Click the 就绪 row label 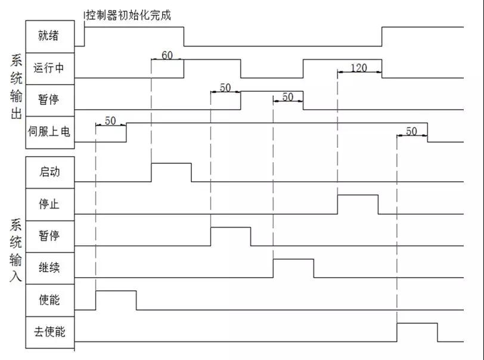point(48,36)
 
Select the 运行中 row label point(48,67)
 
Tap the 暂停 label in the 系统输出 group point(48,100)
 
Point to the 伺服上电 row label point(49,132)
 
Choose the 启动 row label point(49,172)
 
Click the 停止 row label point(49,204)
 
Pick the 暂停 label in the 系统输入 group point(49,235)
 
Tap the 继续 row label point(49,268)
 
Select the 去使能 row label point(49,331)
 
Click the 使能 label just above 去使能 point(49,299)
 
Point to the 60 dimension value point(167,55)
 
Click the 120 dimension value point(359,67)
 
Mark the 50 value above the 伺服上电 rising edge point(110,120)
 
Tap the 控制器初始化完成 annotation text point(128,15)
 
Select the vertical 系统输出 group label point(16,87)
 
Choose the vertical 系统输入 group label point(15,250)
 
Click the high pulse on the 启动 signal point(171,163)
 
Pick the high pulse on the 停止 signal point(358,195)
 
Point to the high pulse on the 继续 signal point(293,259)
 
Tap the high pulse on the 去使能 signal point(417,323)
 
